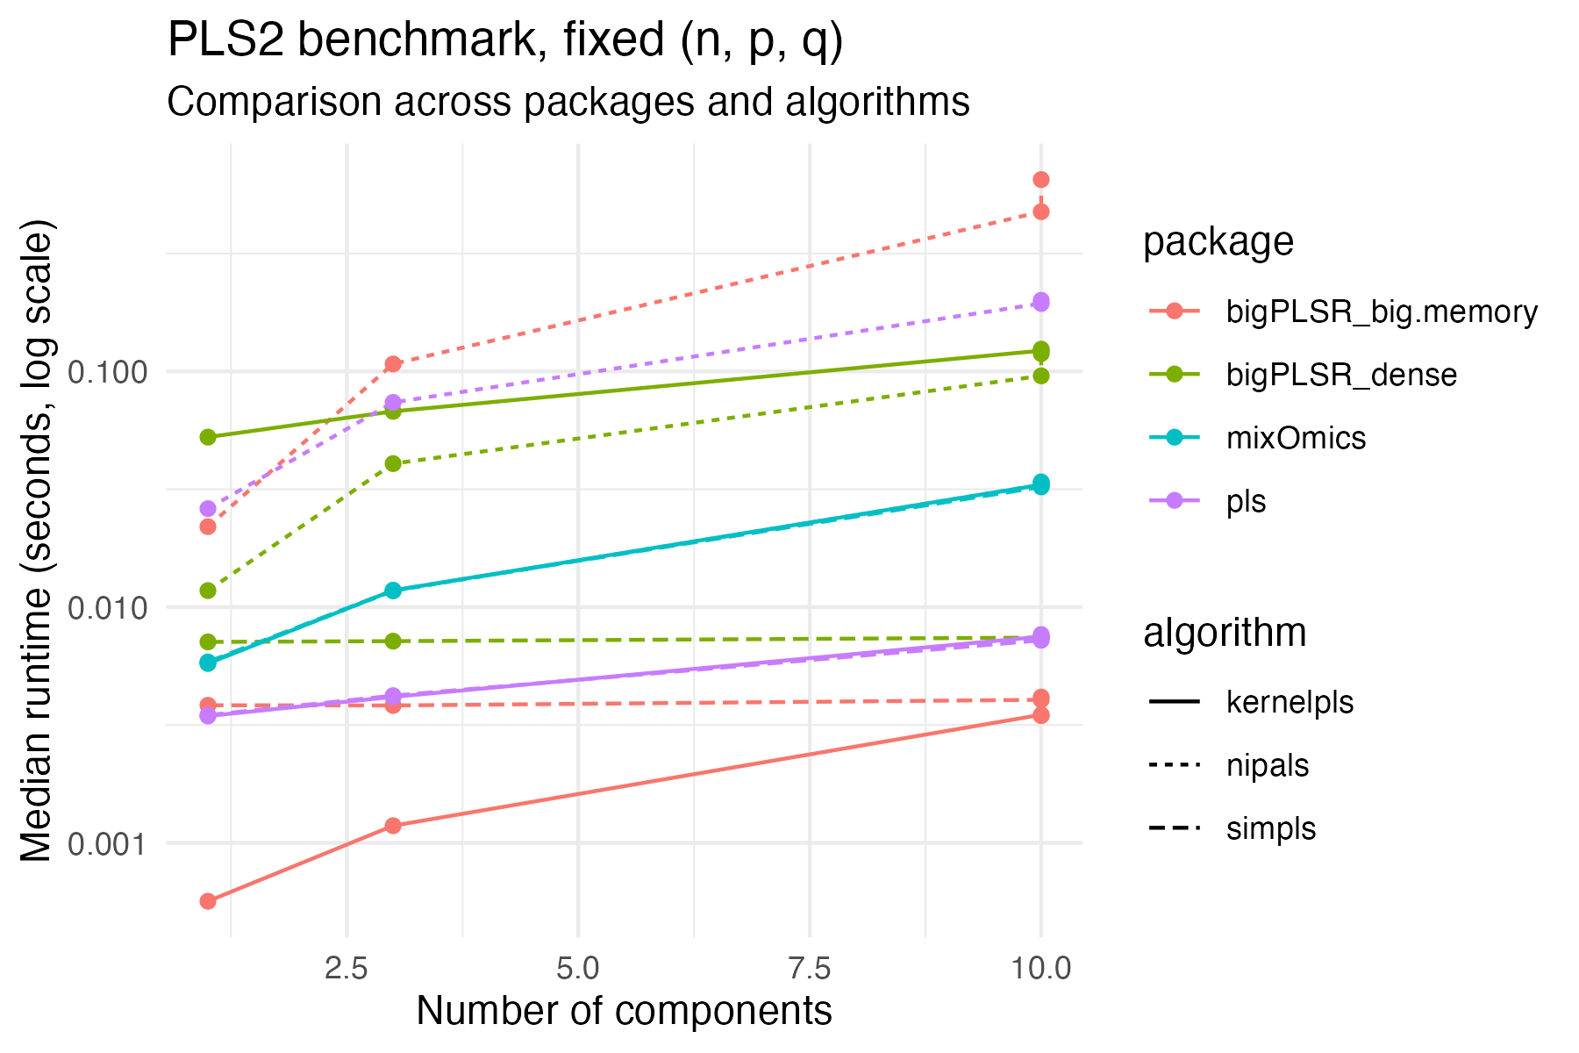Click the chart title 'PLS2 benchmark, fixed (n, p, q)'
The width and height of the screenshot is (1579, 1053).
[x=504, y=41]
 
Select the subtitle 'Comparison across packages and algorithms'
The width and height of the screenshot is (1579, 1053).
[x=568, y=103]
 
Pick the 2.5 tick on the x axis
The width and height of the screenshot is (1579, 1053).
[x=347, y=968]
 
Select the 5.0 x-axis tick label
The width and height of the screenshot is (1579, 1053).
[x=578, y=968]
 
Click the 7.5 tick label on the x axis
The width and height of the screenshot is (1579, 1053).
[x=809, y=968]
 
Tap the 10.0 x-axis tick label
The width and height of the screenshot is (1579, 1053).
[x=1040, y=968]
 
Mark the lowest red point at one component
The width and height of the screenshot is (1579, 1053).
[x=208, y=901]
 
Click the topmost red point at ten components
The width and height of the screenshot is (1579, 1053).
[x=1041, y=180]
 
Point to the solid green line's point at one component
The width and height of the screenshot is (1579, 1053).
[x=208, y=437]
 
